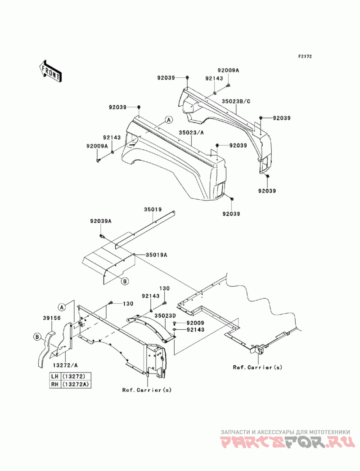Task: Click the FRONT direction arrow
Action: click(x=50, y=71)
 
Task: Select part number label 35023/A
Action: click(x=191, y=132)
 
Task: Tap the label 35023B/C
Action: click(x=236, y=101)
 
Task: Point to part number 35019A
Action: click(x=156, y=255)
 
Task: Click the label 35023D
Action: click(x=165, y=316)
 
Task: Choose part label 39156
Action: click(x=52, y=318)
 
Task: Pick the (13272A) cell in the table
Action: click(x=76, y=384)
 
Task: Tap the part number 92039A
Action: click(x=101, y=221)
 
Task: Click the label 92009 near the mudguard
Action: click(x=195, y=323)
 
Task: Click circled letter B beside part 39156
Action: click(x=37, y=337)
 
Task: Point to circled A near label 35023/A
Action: click(x=169, y=120)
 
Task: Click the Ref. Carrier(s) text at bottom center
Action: click(x=147, y=390)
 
